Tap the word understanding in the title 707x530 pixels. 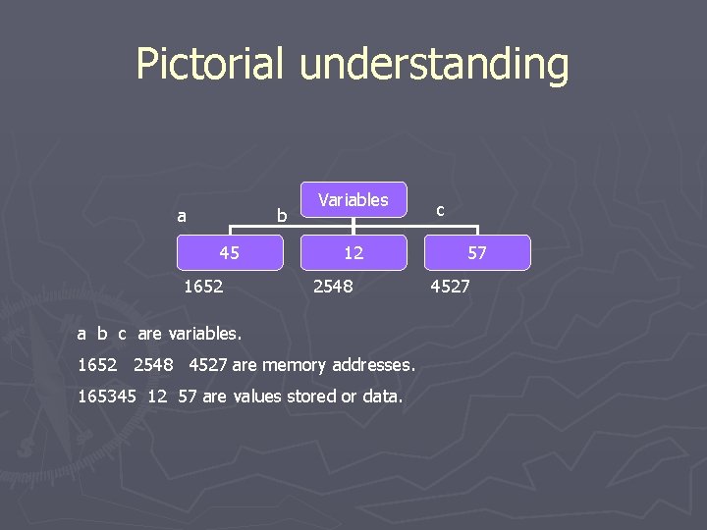(x=434, y=66)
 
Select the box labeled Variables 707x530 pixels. (x=353, y=199)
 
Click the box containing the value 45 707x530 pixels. (x=229, y=252)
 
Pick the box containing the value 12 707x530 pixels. (x=353, y=252)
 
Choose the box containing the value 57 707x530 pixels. (x=477, y=252)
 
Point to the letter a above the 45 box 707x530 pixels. (x=181, y=215)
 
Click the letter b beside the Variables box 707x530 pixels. (x=282, y=215)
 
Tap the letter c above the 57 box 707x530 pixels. (x=440, y=210)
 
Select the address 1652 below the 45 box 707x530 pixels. (x=203, y=287)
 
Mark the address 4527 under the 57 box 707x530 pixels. (x=451, y=287)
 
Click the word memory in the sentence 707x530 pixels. (x=296, y=365)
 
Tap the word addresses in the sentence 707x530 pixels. (x=375, y=364)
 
